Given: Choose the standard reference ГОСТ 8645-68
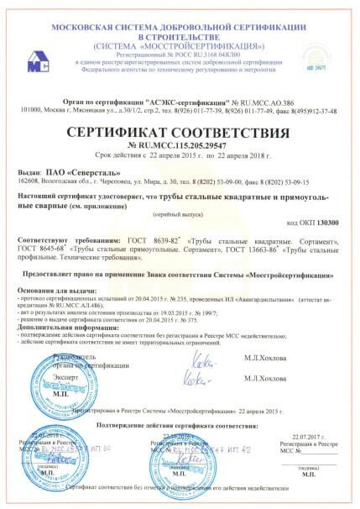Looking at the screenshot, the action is pyautogui.click(x=39, y=251).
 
